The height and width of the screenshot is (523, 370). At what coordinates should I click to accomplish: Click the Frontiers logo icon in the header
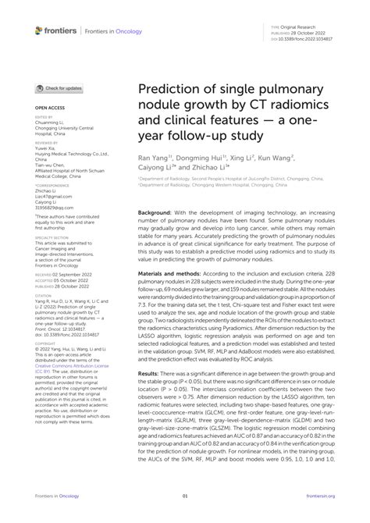39,30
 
